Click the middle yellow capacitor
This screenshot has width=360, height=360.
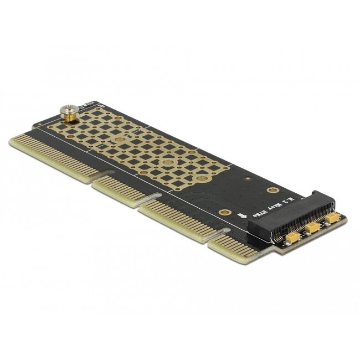[x=313, y=227]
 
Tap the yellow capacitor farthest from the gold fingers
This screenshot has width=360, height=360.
[x=332, y=218]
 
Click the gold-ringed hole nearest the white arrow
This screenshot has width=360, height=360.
[x=224, y=212]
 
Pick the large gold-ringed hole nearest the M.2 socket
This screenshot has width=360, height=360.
[x=272, y=190]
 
